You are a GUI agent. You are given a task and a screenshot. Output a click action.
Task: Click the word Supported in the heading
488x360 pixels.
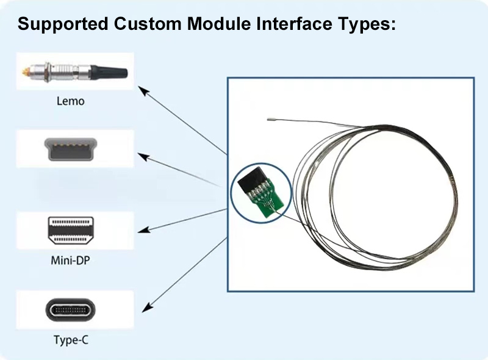(x=63, y=24)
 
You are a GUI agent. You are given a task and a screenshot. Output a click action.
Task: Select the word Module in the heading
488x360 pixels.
(x=219, y=24)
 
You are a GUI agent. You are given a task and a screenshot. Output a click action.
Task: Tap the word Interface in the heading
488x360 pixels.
(x=294, y=24)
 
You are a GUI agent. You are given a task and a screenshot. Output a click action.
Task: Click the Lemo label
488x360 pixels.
(x=70, y=101)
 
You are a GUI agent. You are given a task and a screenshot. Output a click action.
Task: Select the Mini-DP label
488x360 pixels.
(x=70, y=260)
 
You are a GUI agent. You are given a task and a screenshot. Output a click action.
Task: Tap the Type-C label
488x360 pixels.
(x=71, y=340)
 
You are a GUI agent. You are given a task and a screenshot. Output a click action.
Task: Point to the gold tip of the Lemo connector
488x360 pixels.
(x=24, y=72)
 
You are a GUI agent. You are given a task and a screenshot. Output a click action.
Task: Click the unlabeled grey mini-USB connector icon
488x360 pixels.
(x=71, y=149)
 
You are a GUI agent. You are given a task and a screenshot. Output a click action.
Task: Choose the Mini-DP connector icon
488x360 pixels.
(x=71, y=231)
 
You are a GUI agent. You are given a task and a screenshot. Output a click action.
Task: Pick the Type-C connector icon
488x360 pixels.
(x=71, y=310)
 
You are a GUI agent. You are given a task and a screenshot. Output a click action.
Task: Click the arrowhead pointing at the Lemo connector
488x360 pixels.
(x=143, y=91)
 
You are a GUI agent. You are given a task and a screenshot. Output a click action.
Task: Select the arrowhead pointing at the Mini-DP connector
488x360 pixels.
(x=143, y=230)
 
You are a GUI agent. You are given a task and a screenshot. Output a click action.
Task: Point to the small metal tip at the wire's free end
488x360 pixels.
(x=271, y=119)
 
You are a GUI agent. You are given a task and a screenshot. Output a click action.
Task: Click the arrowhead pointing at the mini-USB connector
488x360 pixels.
(x=143, y=157)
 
